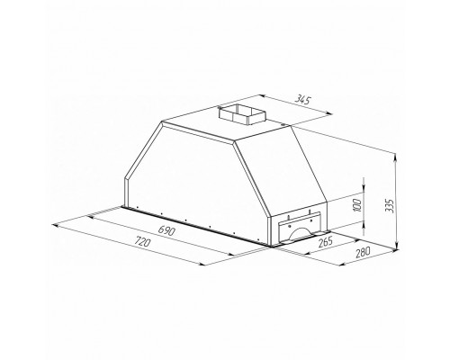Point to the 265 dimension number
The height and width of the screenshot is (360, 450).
[x=325, y=240]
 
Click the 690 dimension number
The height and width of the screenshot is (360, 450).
[x=165, y=231]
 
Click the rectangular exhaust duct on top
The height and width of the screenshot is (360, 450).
[x=240, y=113]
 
